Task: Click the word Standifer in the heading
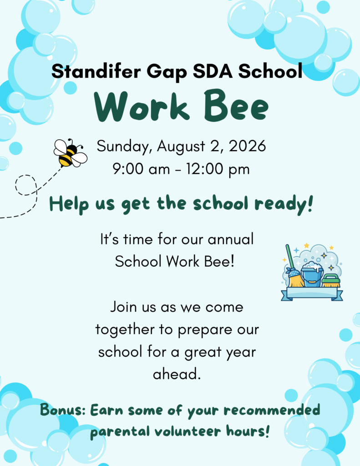pos(96,71)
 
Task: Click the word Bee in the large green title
pos(236,106)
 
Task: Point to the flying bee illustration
pos(70,152)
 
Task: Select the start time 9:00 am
pos(141,169)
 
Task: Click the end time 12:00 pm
pos(218,169)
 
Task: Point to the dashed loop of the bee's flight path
pos(26,185)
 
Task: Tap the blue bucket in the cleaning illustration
pos(312,275)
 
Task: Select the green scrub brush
pos(331,281)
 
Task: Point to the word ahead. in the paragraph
pos(177,374)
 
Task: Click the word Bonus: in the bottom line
pos(63,410)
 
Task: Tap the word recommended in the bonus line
pos(272,410)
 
